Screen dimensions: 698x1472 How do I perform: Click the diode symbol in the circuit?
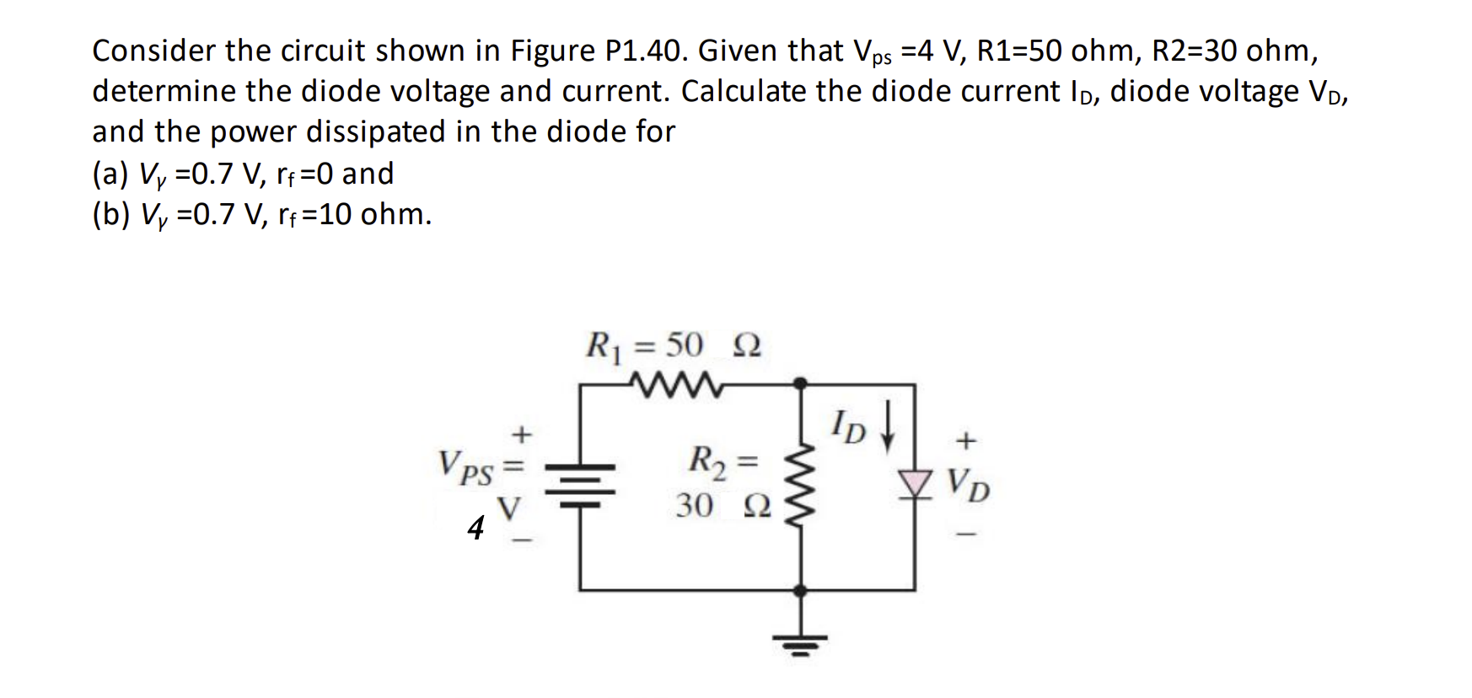(914, 483)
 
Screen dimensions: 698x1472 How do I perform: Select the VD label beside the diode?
(969, 484)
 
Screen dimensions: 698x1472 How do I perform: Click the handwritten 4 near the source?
(476, 528)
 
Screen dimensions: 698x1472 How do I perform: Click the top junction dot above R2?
(800, 384)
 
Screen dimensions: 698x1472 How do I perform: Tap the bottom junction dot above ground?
(800, 590)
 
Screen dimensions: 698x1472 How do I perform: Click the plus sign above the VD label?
(967, 439)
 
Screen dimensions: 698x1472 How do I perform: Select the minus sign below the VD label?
(968, 533)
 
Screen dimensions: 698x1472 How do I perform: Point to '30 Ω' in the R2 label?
(723, 506)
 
